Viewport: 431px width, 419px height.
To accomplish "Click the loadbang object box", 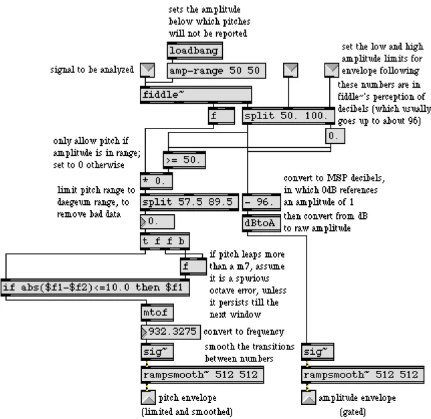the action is coord(195,51).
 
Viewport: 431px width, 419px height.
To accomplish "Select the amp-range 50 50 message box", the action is coord(216,71).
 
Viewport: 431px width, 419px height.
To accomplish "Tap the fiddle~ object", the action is coord(195,95).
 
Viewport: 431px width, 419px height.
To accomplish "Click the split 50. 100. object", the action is coord(288,116).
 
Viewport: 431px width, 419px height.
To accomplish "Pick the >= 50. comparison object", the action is coord(184,160).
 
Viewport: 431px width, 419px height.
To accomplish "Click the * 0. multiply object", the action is coord(157,181).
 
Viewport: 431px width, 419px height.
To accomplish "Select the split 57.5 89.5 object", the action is coord(189,202).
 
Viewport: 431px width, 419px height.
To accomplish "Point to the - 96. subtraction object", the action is coord(262,202).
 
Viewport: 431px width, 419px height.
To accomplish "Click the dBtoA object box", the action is coord(262,223).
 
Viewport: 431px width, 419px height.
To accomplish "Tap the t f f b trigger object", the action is coord(165,241).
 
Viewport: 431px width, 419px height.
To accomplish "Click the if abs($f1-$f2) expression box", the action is coord(95,287).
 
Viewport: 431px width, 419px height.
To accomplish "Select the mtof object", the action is coord(157,313).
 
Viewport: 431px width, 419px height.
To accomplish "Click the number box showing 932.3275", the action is coord(171,332).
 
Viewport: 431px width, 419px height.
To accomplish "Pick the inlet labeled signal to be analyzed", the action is coord(147,70).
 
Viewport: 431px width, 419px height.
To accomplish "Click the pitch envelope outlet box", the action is coord(148,398).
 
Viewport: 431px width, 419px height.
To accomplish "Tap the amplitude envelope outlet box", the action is coord(309,398).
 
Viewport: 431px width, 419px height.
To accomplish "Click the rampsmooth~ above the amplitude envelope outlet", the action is coord(363,374).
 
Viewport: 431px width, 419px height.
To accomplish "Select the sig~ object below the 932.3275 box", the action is coord(157,351).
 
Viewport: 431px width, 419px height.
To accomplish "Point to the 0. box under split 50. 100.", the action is coord(335,136).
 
